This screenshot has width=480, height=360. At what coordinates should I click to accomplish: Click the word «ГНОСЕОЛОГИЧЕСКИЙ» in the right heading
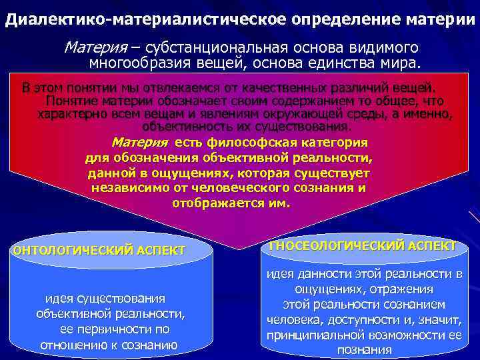[x=327, y=246]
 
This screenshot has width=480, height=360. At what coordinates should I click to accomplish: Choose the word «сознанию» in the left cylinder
[x=152, y=345]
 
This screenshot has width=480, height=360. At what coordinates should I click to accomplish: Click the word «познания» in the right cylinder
[x=365, y=350]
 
